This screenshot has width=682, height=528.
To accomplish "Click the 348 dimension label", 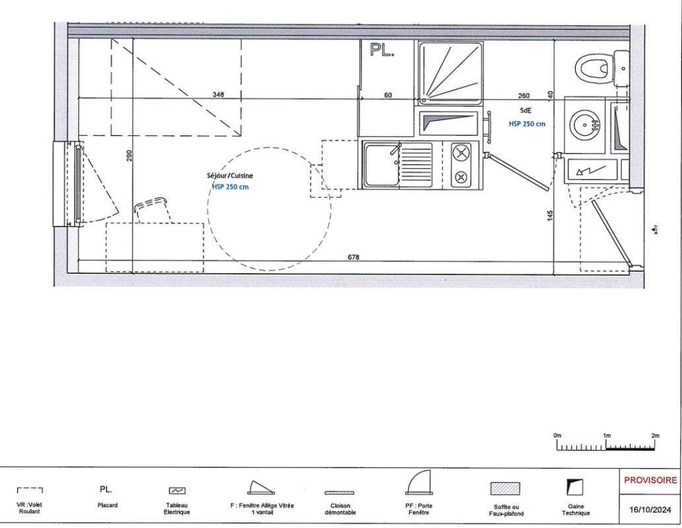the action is click(219, 94).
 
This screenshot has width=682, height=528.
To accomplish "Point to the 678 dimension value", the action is click(354, 257).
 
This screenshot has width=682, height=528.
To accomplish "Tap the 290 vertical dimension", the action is click(129, 156).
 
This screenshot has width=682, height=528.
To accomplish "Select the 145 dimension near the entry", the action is click(550, 216).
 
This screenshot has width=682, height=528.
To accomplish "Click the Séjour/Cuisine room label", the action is click(230, 176).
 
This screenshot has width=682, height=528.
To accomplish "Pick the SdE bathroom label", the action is click(526, 110).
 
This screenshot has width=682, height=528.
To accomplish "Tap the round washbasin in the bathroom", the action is click(585, 125).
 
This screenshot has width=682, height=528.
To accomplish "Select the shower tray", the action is click(451, 73).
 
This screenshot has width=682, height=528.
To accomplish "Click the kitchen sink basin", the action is click(382, 165).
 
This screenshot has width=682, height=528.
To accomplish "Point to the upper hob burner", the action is click(461, 152).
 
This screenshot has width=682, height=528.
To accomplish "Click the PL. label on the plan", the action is click(382, 50).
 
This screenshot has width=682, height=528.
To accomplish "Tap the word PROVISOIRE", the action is click(650, 480).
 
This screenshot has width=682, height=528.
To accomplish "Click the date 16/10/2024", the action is click(650, 510).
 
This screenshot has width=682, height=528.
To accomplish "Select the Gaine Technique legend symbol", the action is click(574, 488).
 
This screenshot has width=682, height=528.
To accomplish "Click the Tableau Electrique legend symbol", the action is click(177, 490).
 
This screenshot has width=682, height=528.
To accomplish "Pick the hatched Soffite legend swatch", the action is click(506, 488).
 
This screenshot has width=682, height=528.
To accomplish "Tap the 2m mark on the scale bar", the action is click(655, 436).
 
